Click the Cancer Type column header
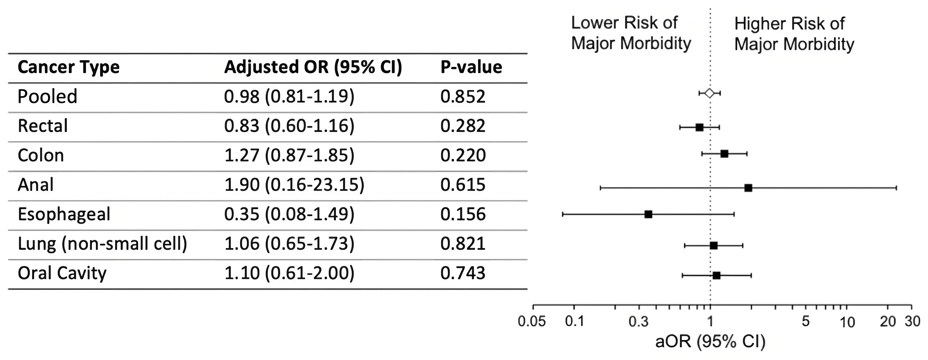69,67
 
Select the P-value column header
471,67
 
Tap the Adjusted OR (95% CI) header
313,67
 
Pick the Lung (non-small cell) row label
102,244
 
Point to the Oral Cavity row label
62,273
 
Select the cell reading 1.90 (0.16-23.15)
294,185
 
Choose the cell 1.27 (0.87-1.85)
289,155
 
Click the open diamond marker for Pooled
709,93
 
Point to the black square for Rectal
699,127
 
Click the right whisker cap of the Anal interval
896,188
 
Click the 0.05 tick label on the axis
532,321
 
